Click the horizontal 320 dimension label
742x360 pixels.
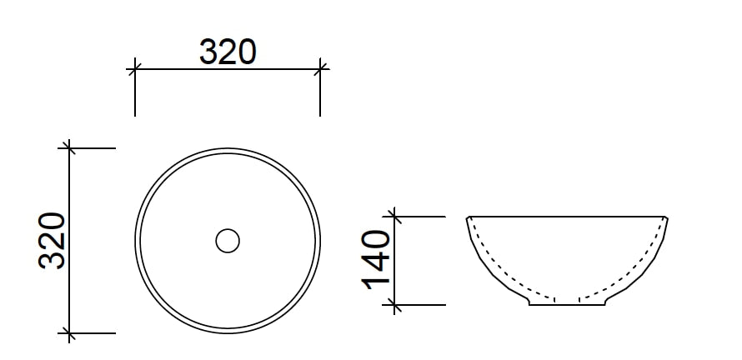click(228, 52)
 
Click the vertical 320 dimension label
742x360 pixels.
click(52, 241)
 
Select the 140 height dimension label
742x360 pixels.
click(376, 260)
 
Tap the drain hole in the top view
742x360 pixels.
click(228, 241)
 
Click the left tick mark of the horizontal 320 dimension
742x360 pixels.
click(135, 69)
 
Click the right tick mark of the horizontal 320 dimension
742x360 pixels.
click(320, 69)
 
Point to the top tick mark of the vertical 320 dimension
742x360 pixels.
click(69, 148)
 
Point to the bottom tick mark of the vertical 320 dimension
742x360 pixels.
click(69, 333)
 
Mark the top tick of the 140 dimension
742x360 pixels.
click(394, 217)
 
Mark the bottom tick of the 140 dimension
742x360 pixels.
click(394, 305)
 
